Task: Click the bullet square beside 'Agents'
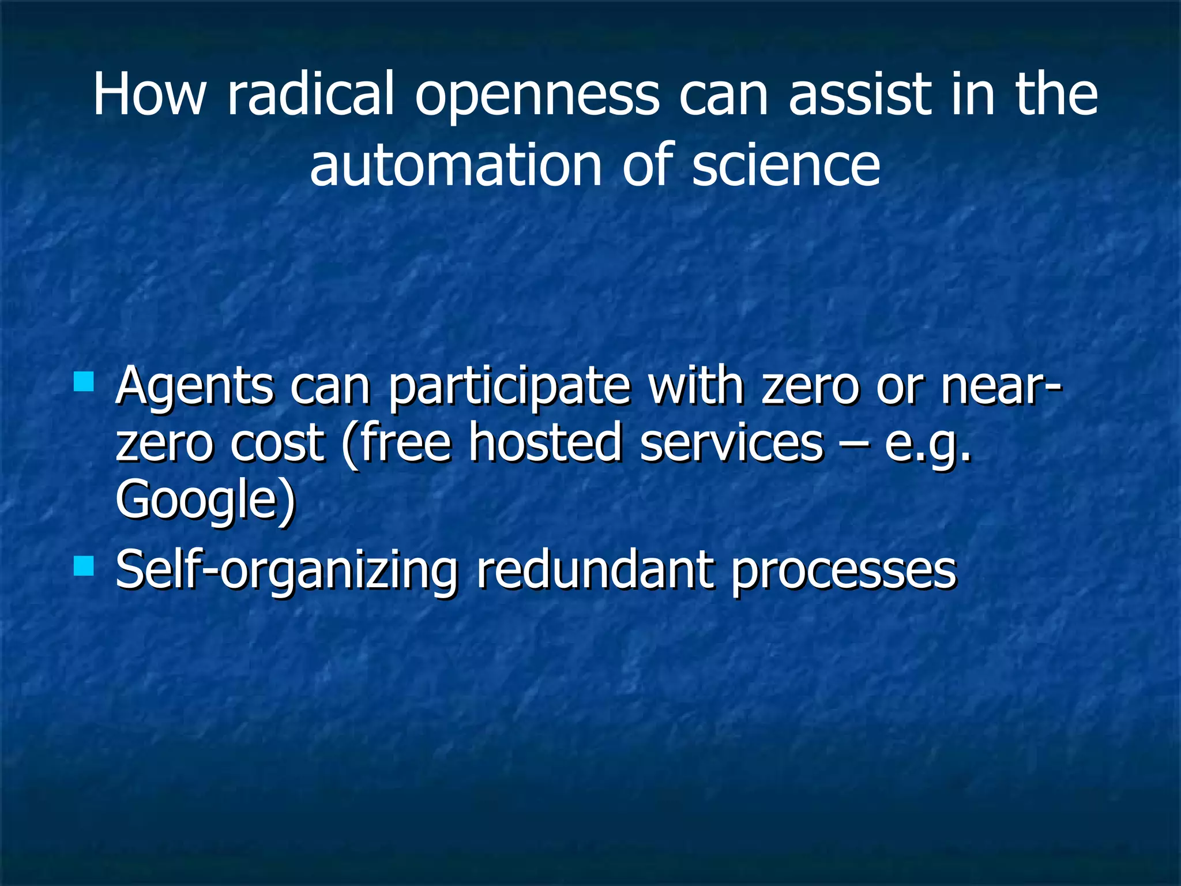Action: tap(84, 381)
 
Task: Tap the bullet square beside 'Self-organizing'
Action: tap(84, 566)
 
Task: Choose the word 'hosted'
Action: tap(545, 442)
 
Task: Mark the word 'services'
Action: tap(732, 442)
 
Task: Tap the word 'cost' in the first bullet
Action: tap(277, 442)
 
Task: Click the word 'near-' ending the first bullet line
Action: tap(1001, 386)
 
